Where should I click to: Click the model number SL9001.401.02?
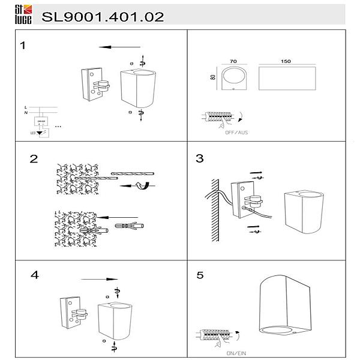pyautogui.click(x=103, y=17)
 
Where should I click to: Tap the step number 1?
pyautogui.click(x=23, y=46)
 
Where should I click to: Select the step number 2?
pyautogui.click(x=34, y=159)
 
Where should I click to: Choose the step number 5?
pyautogui.click(x=200, y=275)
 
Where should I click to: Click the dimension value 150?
pyautogui.click(x=286, y=61)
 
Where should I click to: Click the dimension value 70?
pyautogui.click(x=233, y=61)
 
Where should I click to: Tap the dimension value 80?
pyautogui.click(x=213, y=77)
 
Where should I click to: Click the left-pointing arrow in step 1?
pyautogui.click(x=119, y=47)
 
